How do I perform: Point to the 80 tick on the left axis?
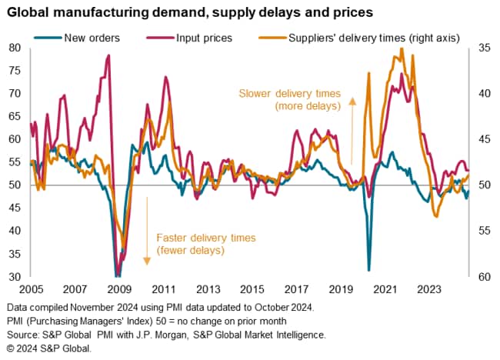(15, 48)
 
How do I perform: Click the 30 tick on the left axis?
(15, 277)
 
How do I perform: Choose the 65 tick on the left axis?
(15, 116)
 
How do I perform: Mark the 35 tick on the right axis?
(482, 48)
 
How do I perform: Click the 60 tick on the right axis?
(482, 277)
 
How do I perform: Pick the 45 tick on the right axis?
(482, 139)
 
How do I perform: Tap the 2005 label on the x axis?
(31, 290)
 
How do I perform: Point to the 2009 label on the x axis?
(119, 290)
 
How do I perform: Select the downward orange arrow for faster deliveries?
(145, 231)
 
